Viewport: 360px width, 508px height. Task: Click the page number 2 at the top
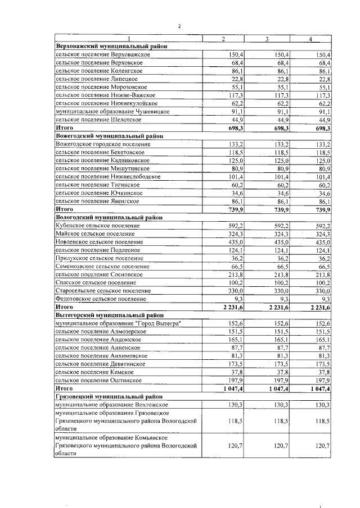click(x=179, y=26)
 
